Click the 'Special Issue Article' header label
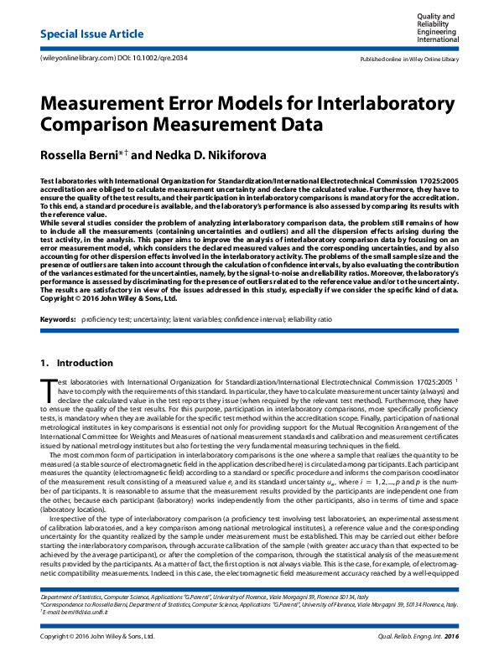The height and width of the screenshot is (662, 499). click(88, 34)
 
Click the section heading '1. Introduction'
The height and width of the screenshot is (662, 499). click(76, 363)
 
